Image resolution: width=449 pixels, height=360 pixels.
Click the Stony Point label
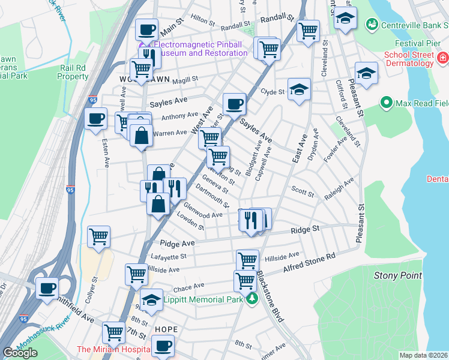(394, 275)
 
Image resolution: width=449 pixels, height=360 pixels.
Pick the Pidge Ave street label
(177, 244)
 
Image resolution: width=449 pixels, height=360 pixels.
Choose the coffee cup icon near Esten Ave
(95, 118)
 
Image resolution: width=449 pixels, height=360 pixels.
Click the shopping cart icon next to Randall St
(308, 30)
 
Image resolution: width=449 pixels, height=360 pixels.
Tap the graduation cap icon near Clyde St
(299, 89)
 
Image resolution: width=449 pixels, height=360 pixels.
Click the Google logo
(20, 352)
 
